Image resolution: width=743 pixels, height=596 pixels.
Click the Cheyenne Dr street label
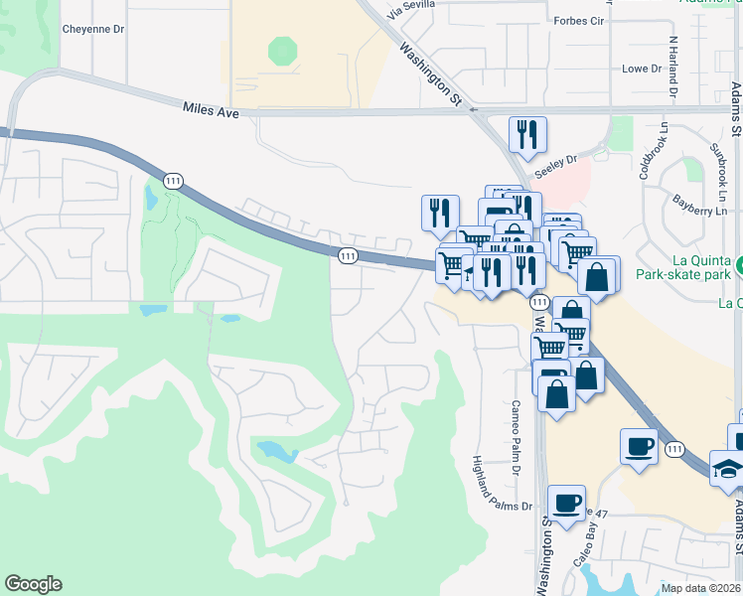pos(93,29)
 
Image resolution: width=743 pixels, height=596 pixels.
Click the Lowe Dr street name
pos(642,69)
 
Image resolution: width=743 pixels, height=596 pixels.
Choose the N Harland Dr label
pos(673,66)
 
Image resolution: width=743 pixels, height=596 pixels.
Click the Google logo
pos(33,584)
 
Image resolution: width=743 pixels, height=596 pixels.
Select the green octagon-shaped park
pos(283,51)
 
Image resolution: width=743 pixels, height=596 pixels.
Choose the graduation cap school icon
pos(728,468)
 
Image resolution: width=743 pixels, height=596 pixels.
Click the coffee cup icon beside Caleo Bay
pos(566,503)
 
